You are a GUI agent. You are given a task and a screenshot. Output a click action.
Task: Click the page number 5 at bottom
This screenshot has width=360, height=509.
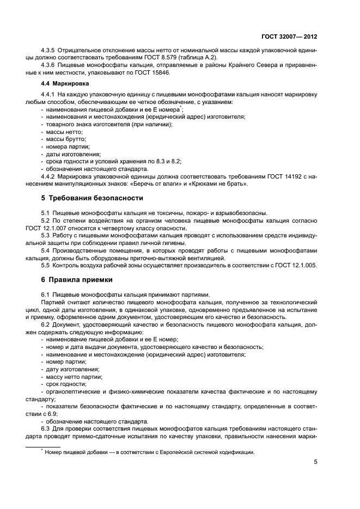pos(316,463)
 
